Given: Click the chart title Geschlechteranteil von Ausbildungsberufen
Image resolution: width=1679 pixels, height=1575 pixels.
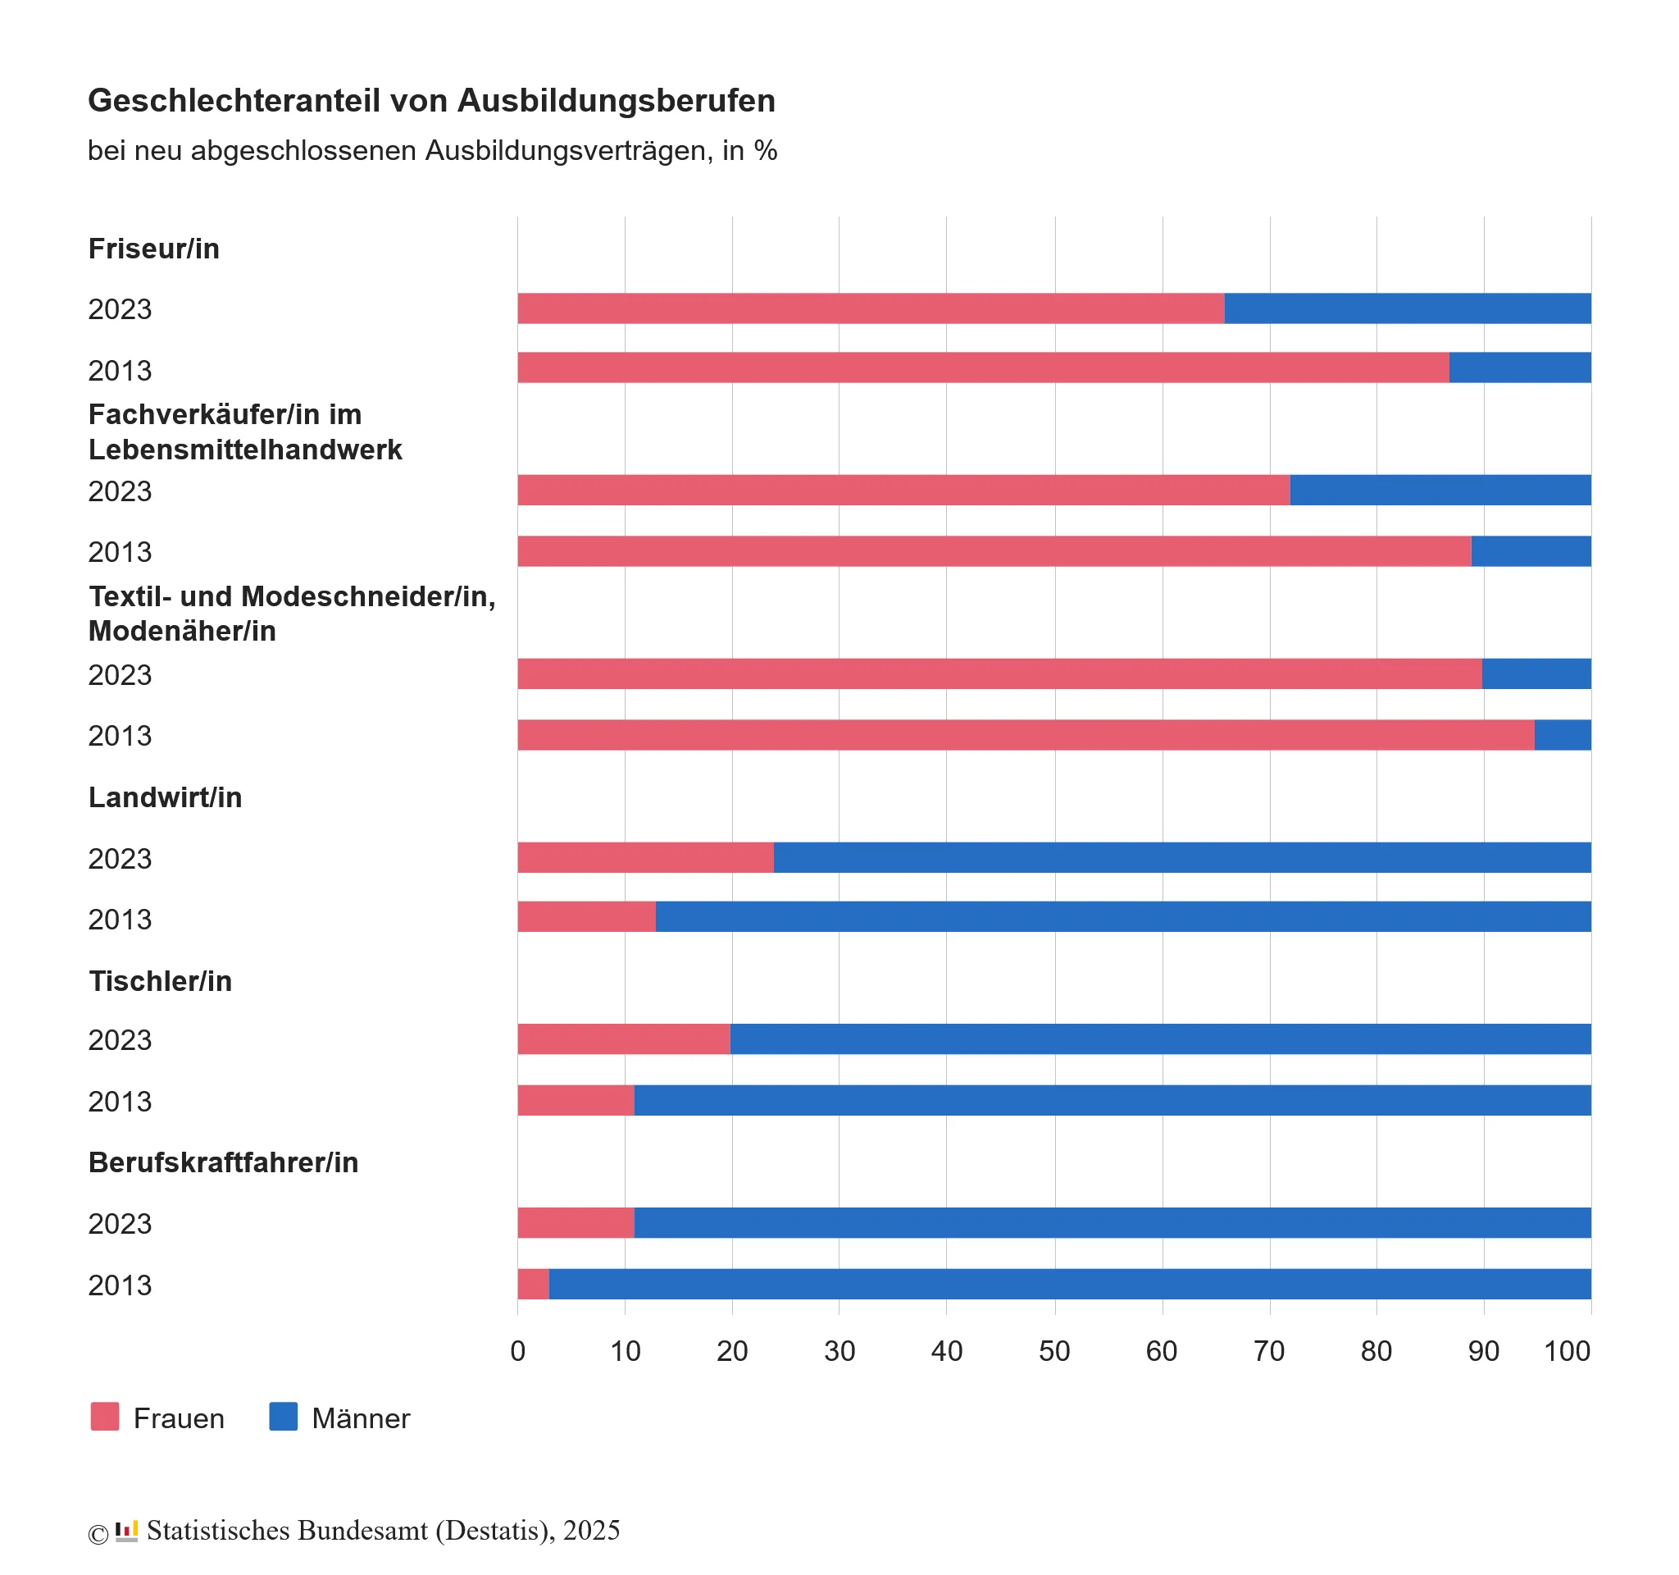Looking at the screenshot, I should point(430,101).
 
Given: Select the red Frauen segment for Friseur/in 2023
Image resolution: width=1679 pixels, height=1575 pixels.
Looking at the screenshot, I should point(870,308).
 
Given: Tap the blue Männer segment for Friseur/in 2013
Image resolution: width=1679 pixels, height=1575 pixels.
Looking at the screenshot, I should point(1519,367).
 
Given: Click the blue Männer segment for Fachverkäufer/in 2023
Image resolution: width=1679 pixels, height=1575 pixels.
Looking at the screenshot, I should point(1440,490).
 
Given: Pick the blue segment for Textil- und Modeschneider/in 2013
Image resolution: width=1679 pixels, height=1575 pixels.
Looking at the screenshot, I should point(1562,735).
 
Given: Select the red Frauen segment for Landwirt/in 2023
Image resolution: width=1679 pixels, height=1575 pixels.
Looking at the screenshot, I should point(645,857).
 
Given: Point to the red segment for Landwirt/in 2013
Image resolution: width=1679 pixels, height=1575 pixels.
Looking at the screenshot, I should point(586,917).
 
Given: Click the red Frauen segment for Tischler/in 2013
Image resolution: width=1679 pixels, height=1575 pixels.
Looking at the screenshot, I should point(576,1100).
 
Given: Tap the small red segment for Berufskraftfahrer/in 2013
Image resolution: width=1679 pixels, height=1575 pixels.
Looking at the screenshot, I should point(533,1285).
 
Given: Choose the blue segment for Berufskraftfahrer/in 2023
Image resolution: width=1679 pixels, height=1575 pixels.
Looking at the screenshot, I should point(1112,1222).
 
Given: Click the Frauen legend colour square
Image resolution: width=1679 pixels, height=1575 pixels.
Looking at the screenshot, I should point(105,1417).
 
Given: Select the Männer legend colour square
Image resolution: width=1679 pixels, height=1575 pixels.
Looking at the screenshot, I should point(283,1417).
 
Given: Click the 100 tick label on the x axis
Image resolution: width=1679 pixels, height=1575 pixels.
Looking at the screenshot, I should point(1567,1351).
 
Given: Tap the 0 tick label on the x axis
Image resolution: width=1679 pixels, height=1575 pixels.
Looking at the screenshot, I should point(518,1351).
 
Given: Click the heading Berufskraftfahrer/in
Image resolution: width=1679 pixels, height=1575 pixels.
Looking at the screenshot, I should point(223,1162).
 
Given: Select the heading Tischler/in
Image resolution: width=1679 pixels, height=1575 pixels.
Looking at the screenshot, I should point(160,981).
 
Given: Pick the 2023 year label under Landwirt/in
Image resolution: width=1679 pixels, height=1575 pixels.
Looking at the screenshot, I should point(120,859).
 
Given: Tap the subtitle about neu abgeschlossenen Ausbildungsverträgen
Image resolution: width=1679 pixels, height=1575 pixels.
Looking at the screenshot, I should point(431,150).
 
